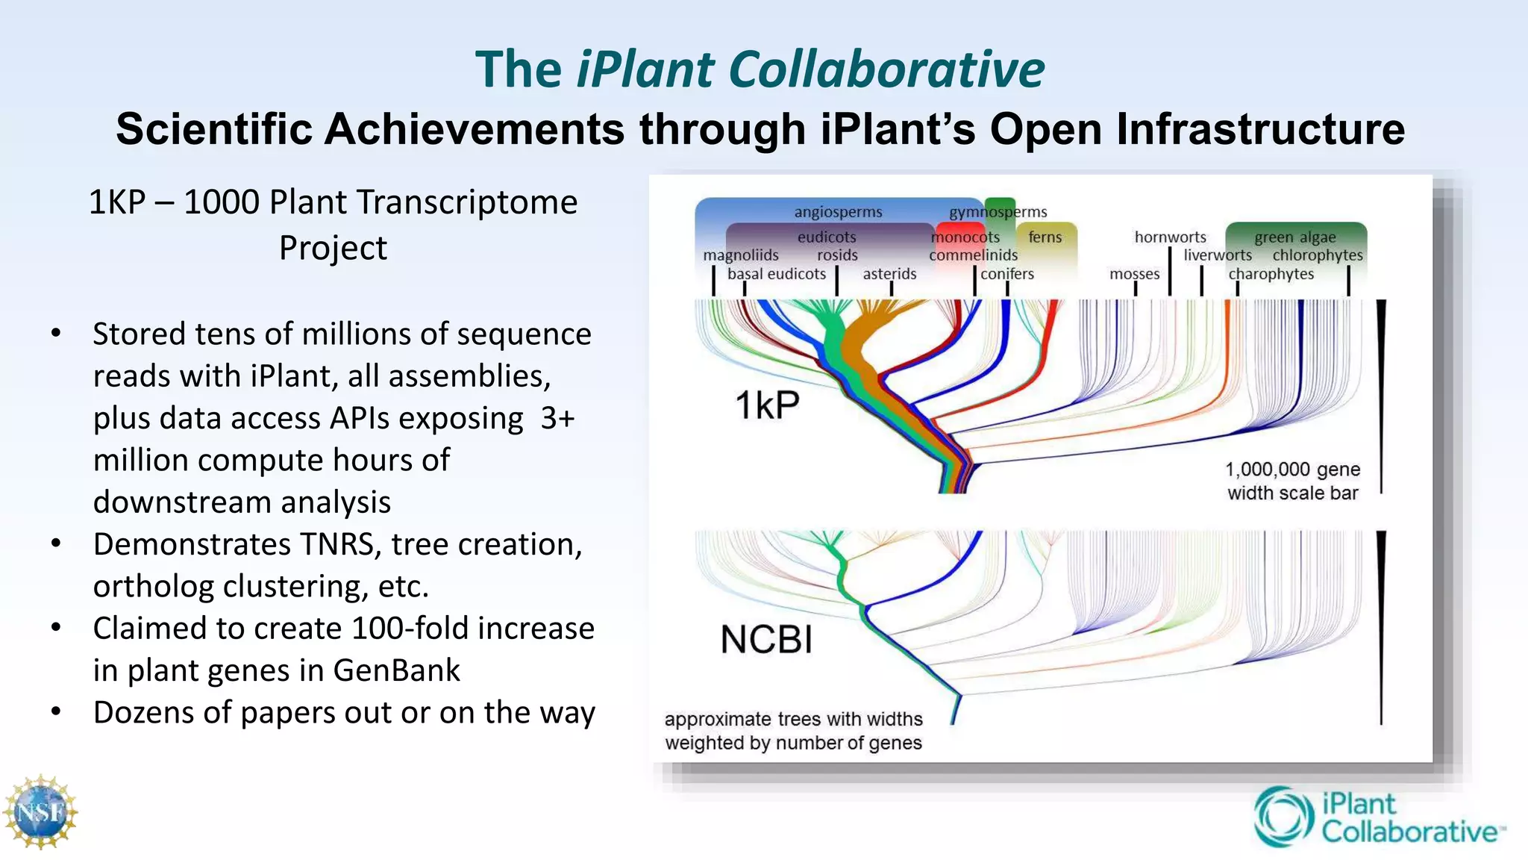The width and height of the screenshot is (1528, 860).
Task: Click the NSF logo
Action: (40, 812)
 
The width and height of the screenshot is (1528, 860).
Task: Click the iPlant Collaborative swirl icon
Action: (1283, 817)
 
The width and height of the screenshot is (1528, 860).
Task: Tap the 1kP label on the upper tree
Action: (767, 405)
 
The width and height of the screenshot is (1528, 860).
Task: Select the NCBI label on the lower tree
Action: (766, 640)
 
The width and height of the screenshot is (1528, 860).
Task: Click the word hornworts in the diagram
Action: (1170, 237)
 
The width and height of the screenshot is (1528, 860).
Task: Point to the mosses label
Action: (1134, 274)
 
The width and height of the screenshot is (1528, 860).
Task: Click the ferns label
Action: (1045, 237)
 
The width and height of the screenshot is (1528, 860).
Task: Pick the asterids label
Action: (889, 274)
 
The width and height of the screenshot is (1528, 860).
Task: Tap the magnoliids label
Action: (740, 255)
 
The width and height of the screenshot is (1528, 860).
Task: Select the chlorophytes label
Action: (1318, 255)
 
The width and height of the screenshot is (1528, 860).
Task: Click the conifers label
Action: (1007, 274)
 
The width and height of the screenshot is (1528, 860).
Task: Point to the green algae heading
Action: (1294, 237)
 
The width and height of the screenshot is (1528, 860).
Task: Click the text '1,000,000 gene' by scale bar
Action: (1292, 470)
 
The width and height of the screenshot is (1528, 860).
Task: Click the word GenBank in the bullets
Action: (396, 670)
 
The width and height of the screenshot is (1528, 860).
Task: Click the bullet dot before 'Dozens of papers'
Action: (56, 711)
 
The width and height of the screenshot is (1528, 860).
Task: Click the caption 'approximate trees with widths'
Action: (793, 719)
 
